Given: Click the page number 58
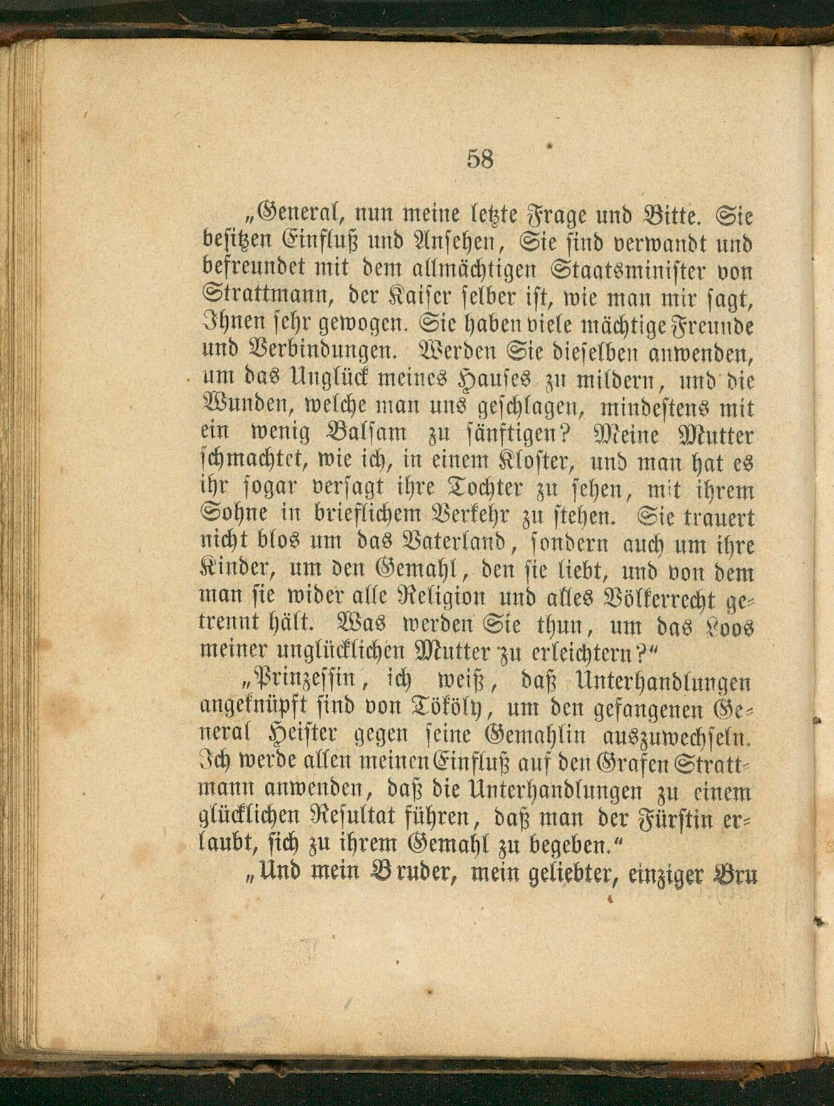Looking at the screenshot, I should point(480,159).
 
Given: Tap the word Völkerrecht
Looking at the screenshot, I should point(651,600).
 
